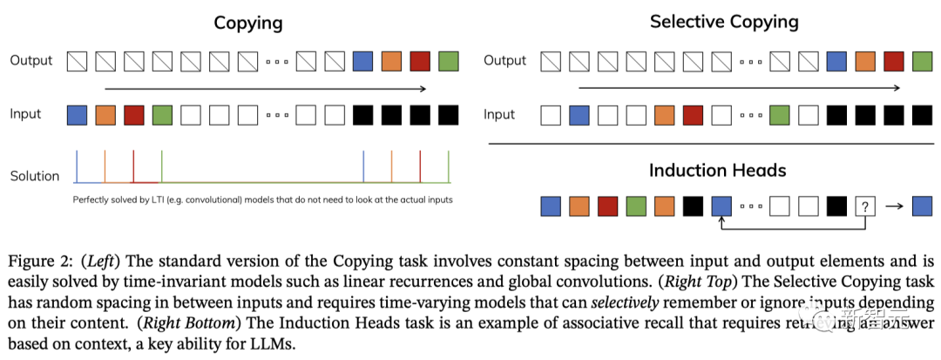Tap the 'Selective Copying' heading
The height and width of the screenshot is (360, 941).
pos(724,22)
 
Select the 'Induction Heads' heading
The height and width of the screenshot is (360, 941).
pos(717,170)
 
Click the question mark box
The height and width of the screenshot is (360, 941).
pos(864,206)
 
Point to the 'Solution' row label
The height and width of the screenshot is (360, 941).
pos(35,176)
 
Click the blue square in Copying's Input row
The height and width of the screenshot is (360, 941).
pos(78,114)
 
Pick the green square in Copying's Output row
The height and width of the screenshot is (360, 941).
pos(448,61)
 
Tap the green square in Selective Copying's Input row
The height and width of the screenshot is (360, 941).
pos(780,114)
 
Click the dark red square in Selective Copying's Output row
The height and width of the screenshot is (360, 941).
pos(893,61)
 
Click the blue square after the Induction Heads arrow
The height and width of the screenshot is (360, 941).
pos(921,206)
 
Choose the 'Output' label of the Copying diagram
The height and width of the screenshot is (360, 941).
pos(31,61)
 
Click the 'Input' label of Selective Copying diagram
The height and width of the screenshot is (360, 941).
pos(499,114)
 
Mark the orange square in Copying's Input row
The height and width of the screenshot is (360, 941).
pos(105,114)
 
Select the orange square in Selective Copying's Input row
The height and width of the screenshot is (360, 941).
pos(665,114)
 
